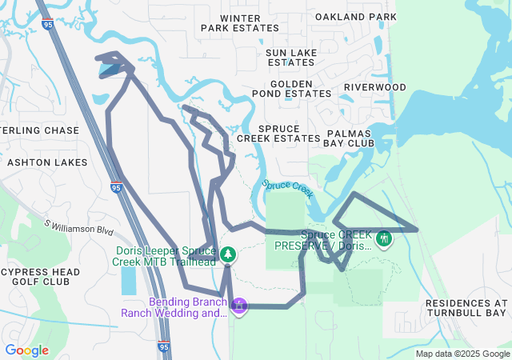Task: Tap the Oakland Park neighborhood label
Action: pos(356,16)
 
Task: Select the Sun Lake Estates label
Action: pos(291,57)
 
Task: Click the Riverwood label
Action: pos(375,87)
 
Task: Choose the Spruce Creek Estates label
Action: pos(290,133)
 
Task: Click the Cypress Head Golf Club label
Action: pos(40,276)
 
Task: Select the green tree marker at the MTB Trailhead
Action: pos(228,254)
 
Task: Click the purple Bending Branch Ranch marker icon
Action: pos(238,305)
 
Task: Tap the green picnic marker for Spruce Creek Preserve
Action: pos(384,238)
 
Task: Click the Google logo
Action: pos(26,350)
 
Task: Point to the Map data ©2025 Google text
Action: pos(462,354)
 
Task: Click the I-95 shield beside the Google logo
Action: pos(163,348)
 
